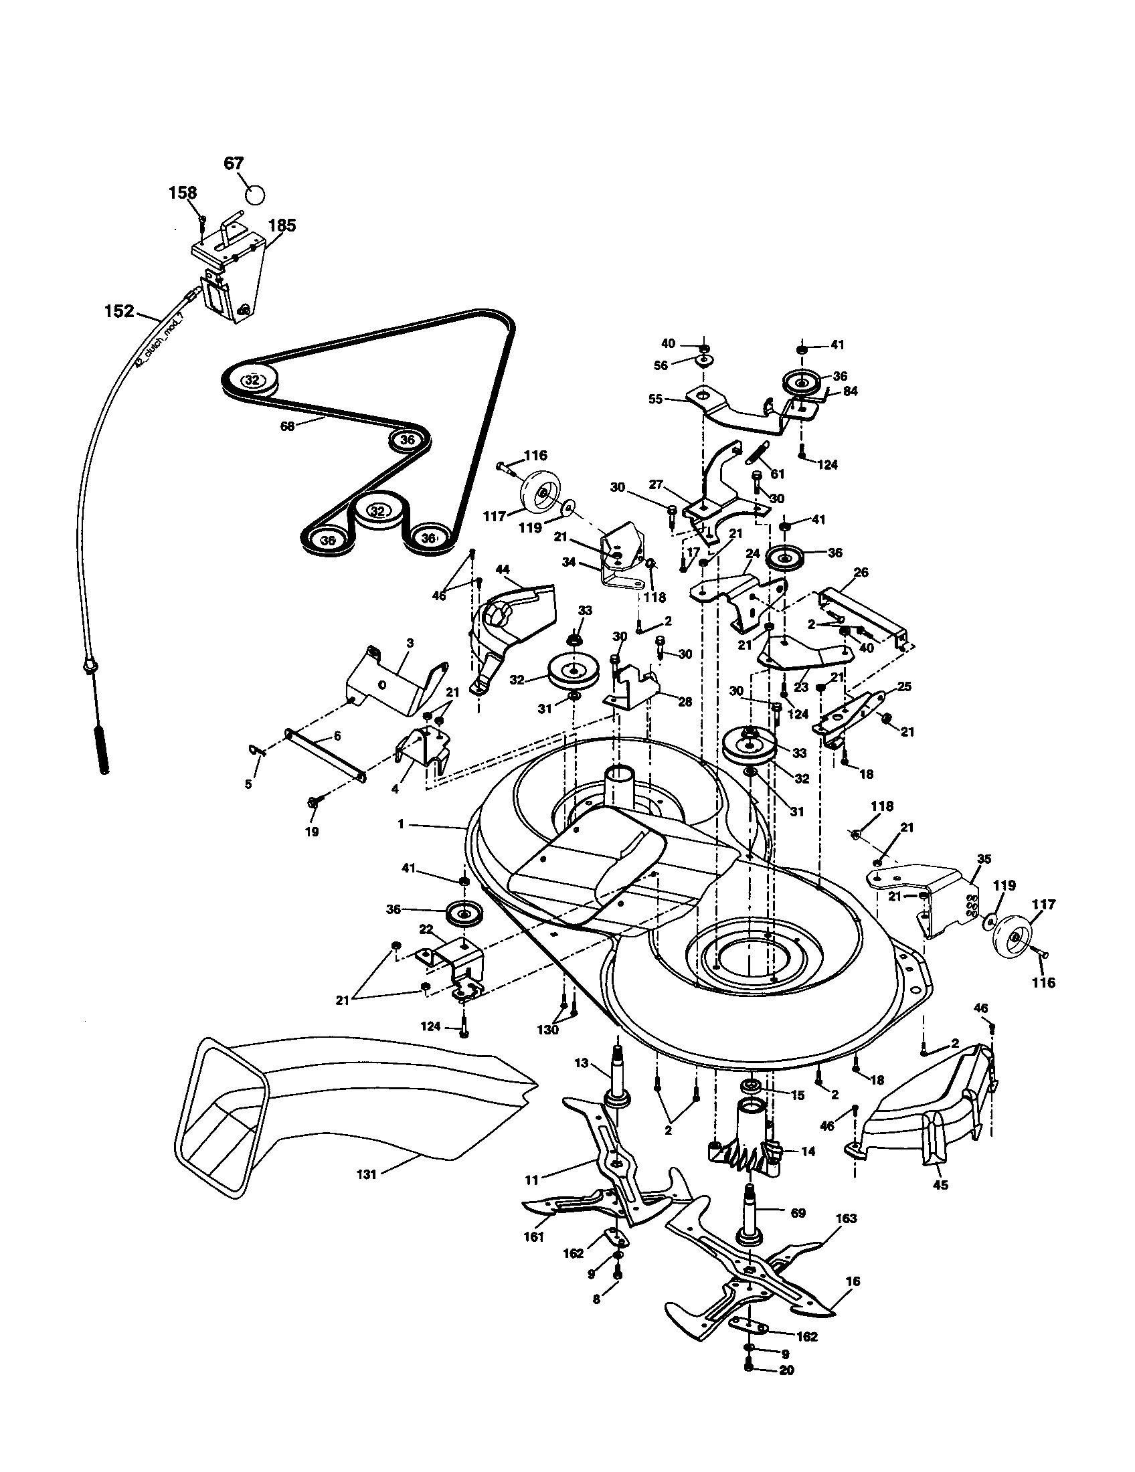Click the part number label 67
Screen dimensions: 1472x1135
click(x=233, y=164)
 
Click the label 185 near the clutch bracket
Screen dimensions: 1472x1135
click(x=282, y=225)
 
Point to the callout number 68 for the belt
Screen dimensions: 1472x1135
click(x=287, y=426)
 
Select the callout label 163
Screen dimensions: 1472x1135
click(x=845, y=1218)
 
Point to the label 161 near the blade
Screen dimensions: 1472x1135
click(x=533, y=1236)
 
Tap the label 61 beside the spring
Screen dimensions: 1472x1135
click(x=777, y=474)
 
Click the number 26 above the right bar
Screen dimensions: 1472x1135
click(x=861, y=573)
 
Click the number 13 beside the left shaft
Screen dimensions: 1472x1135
click(x=581, y=1063)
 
